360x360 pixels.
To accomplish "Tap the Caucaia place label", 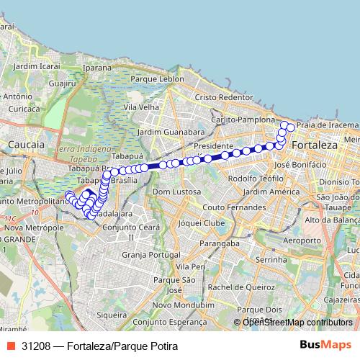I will (25, 145).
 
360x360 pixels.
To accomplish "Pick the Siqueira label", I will (112, 314).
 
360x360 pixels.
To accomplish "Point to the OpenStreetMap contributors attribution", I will (297, 323).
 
